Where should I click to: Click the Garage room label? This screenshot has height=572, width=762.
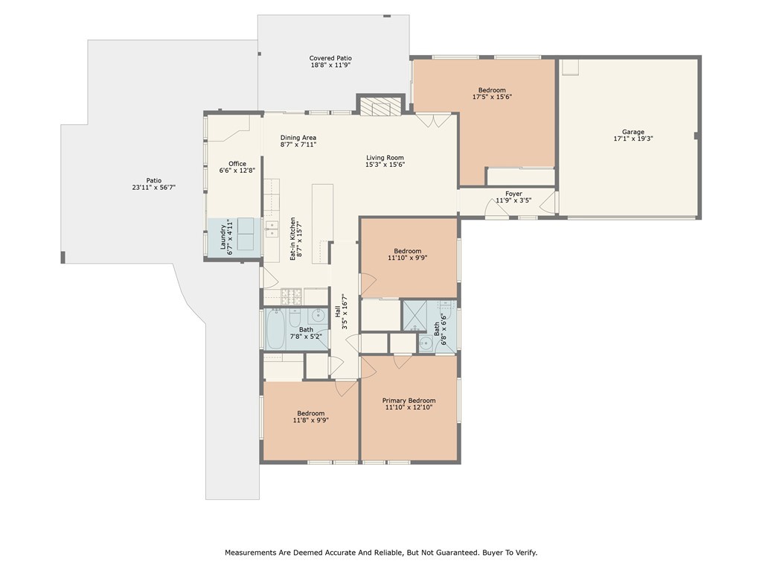[x=628, y=132]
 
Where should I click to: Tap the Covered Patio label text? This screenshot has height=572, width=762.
[x=330, y=58]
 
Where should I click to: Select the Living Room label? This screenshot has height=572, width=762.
[x=385, y=157]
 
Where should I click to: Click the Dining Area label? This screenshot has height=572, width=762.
[x=298, y=138]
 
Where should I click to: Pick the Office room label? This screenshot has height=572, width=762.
[x=237, y=164]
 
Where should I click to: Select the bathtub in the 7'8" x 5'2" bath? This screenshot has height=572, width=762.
[x=282, y=328]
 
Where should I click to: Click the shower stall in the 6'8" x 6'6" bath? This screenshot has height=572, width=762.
[x=413, y=315]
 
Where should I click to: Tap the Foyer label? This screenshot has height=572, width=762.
[x=513, y=194]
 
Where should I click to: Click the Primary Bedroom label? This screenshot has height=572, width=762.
[x=410, y=400]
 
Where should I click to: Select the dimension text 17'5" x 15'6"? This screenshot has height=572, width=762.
[x=492, y=97]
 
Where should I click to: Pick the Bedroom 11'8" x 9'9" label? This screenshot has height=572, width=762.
[x=311, y=413]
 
